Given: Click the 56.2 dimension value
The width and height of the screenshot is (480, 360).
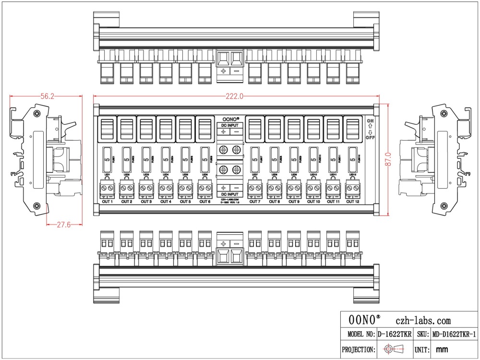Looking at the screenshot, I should tap(47, 96).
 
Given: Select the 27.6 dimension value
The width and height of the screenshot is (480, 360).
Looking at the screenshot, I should tap(63, 224).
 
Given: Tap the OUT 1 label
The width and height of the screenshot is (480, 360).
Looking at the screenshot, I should tap(107, 202).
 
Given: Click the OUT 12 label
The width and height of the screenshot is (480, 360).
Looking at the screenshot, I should tap(353, 202).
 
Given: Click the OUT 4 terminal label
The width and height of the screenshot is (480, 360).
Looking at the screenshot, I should tap(166, 202).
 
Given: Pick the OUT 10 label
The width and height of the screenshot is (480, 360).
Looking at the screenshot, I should tap(313, 202).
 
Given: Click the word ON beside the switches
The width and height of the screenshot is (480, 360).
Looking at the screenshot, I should tap(370, 121).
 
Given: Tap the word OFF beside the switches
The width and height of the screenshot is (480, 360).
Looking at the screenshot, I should tap(370, 137).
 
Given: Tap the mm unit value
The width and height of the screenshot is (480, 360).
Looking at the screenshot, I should tap(442, 349).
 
